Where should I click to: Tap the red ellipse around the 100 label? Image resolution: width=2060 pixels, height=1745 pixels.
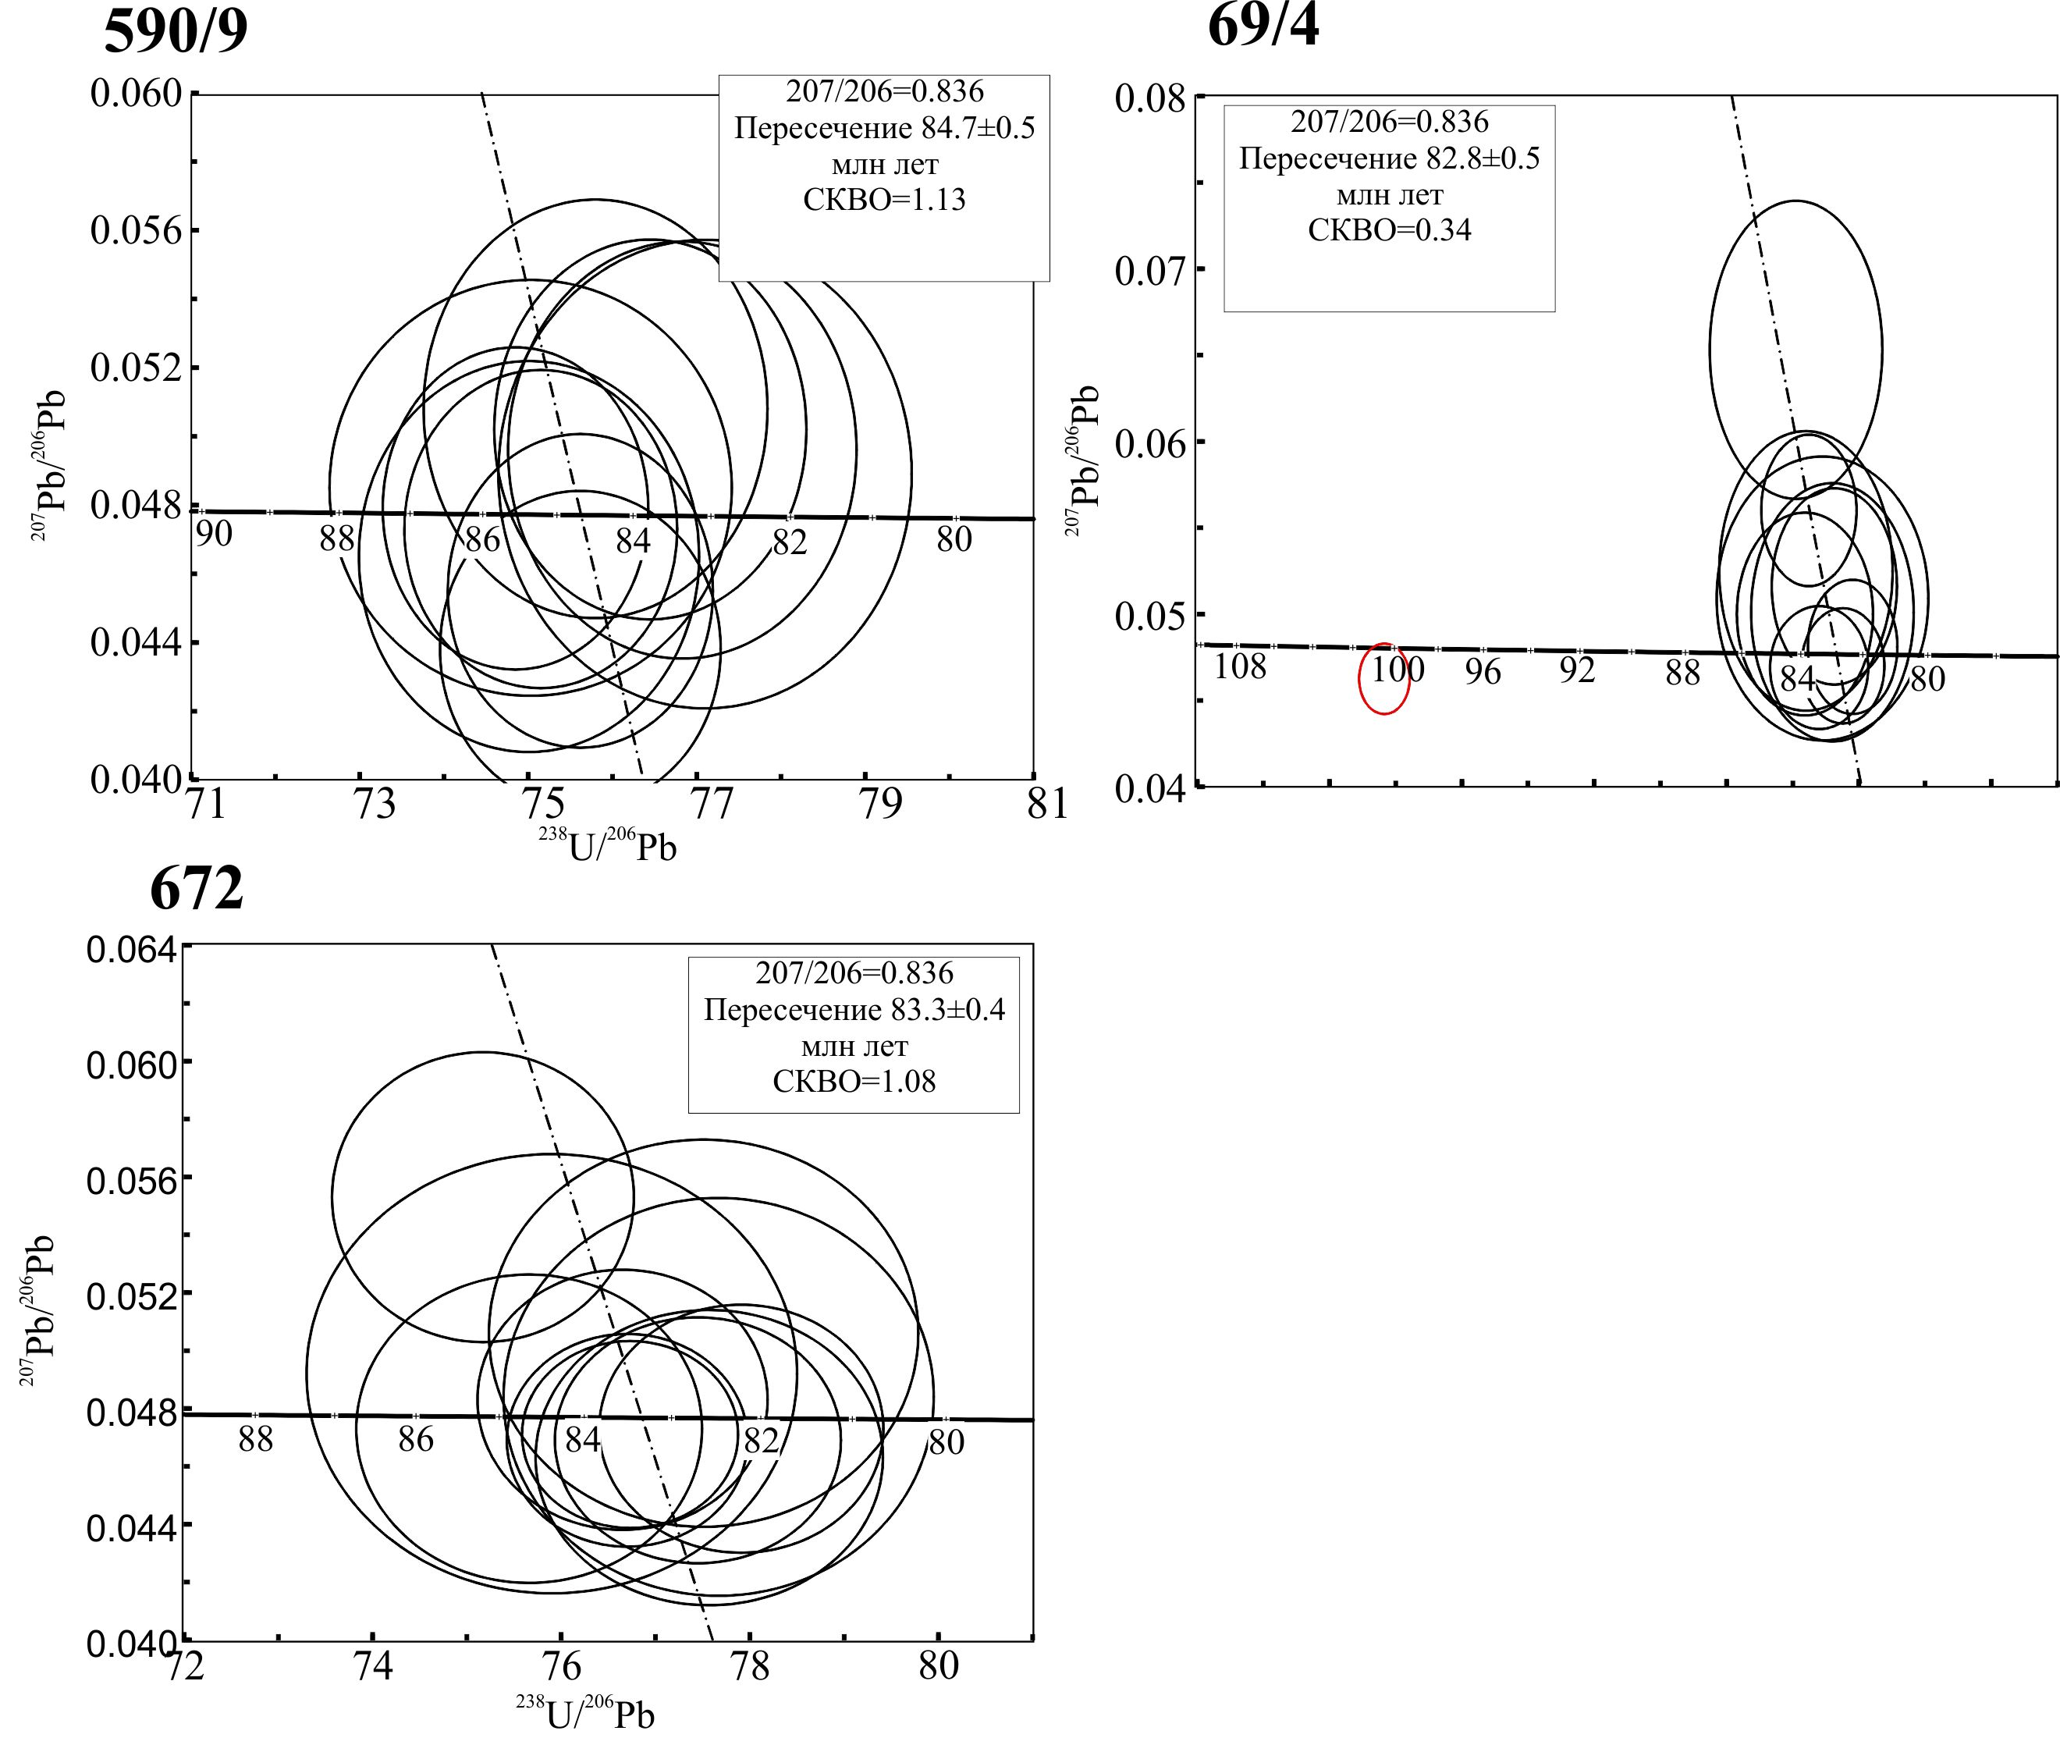tap(1383, 677)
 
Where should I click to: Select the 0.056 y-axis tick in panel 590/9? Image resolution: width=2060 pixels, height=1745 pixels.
tap(137, 230)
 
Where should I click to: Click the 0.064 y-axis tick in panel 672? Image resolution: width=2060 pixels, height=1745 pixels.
tap(133, 950)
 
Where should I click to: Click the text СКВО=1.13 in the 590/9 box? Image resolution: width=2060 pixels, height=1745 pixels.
tap(884, 200)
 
